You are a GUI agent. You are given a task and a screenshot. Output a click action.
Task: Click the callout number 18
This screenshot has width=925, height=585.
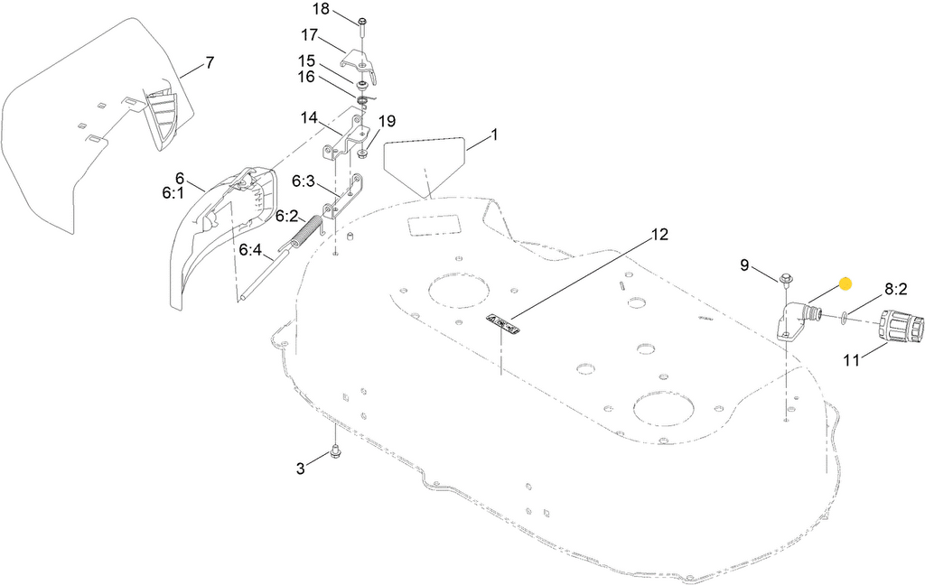[321, 9]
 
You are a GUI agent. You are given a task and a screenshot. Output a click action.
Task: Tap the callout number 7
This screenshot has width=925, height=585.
[210, 63]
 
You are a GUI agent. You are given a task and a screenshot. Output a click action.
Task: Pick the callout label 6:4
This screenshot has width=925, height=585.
[250, 250]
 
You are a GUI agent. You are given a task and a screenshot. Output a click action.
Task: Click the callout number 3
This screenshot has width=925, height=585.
[301, 468]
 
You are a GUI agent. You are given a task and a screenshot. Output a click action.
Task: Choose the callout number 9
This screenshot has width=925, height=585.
[744, 265]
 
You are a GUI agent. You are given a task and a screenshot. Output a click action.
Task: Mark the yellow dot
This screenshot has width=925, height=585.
[846, 283]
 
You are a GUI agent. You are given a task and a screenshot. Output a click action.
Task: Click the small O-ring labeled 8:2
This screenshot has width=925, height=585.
[842, 317]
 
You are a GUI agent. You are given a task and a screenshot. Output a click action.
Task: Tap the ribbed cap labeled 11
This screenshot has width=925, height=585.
[899, 328]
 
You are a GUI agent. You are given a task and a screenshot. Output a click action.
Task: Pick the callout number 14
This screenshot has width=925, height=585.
[309, 118]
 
